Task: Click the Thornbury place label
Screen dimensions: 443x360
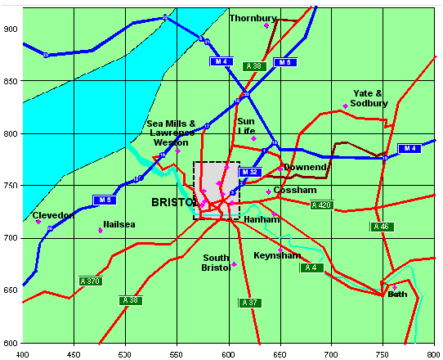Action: point(252,18)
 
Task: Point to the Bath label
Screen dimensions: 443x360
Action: point(397,294)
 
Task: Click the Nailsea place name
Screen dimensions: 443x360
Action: point(119,223)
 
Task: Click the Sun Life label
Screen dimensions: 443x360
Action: point(247,126)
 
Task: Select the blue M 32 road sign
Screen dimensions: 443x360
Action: point(249,172)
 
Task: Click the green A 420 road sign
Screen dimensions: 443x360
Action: point(321,205)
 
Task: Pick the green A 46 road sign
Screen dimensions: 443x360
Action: point(379,226)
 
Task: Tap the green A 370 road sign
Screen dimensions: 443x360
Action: point(90,281)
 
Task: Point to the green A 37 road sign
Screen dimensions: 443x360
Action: point(249,302)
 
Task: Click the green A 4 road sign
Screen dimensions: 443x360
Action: point(311,268)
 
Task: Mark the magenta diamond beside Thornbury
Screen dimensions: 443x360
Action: point(266,25)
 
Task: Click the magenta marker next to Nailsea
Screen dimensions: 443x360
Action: point(101,230)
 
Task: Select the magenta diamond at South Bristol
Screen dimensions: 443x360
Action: point(234,264)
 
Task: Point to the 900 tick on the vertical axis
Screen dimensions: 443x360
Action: point(11,29)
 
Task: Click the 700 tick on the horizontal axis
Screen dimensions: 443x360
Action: point(331,354)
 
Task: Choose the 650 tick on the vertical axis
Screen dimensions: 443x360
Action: point(11,290)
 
